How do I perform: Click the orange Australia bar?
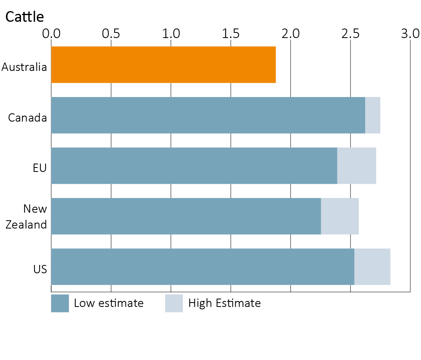tap(163, 65)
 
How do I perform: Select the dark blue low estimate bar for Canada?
tap(208, 115)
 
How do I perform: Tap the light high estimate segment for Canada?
tap(373, 115)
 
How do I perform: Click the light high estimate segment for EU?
tap(356, 166)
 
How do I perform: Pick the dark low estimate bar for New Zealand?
tap(186, 216)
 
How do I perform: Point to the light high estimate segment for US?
tap(372, 267)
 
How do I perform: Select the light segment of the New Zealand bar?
tap(340, 216)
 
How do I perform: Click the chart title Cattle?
tap(25, 17)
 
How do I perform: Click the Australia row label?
tap(24, 67)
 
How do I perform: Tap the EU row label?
tap(40, 168)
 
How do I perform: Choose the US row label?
tap(40, 269)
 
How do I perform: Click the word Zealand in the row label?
tap(26, 225)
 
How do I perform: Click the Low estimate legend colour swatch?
tap(60, 303)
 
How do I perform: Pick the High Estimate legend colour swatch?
tap(174, 303)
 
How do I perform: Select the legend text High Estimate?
tap(225, 303)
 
